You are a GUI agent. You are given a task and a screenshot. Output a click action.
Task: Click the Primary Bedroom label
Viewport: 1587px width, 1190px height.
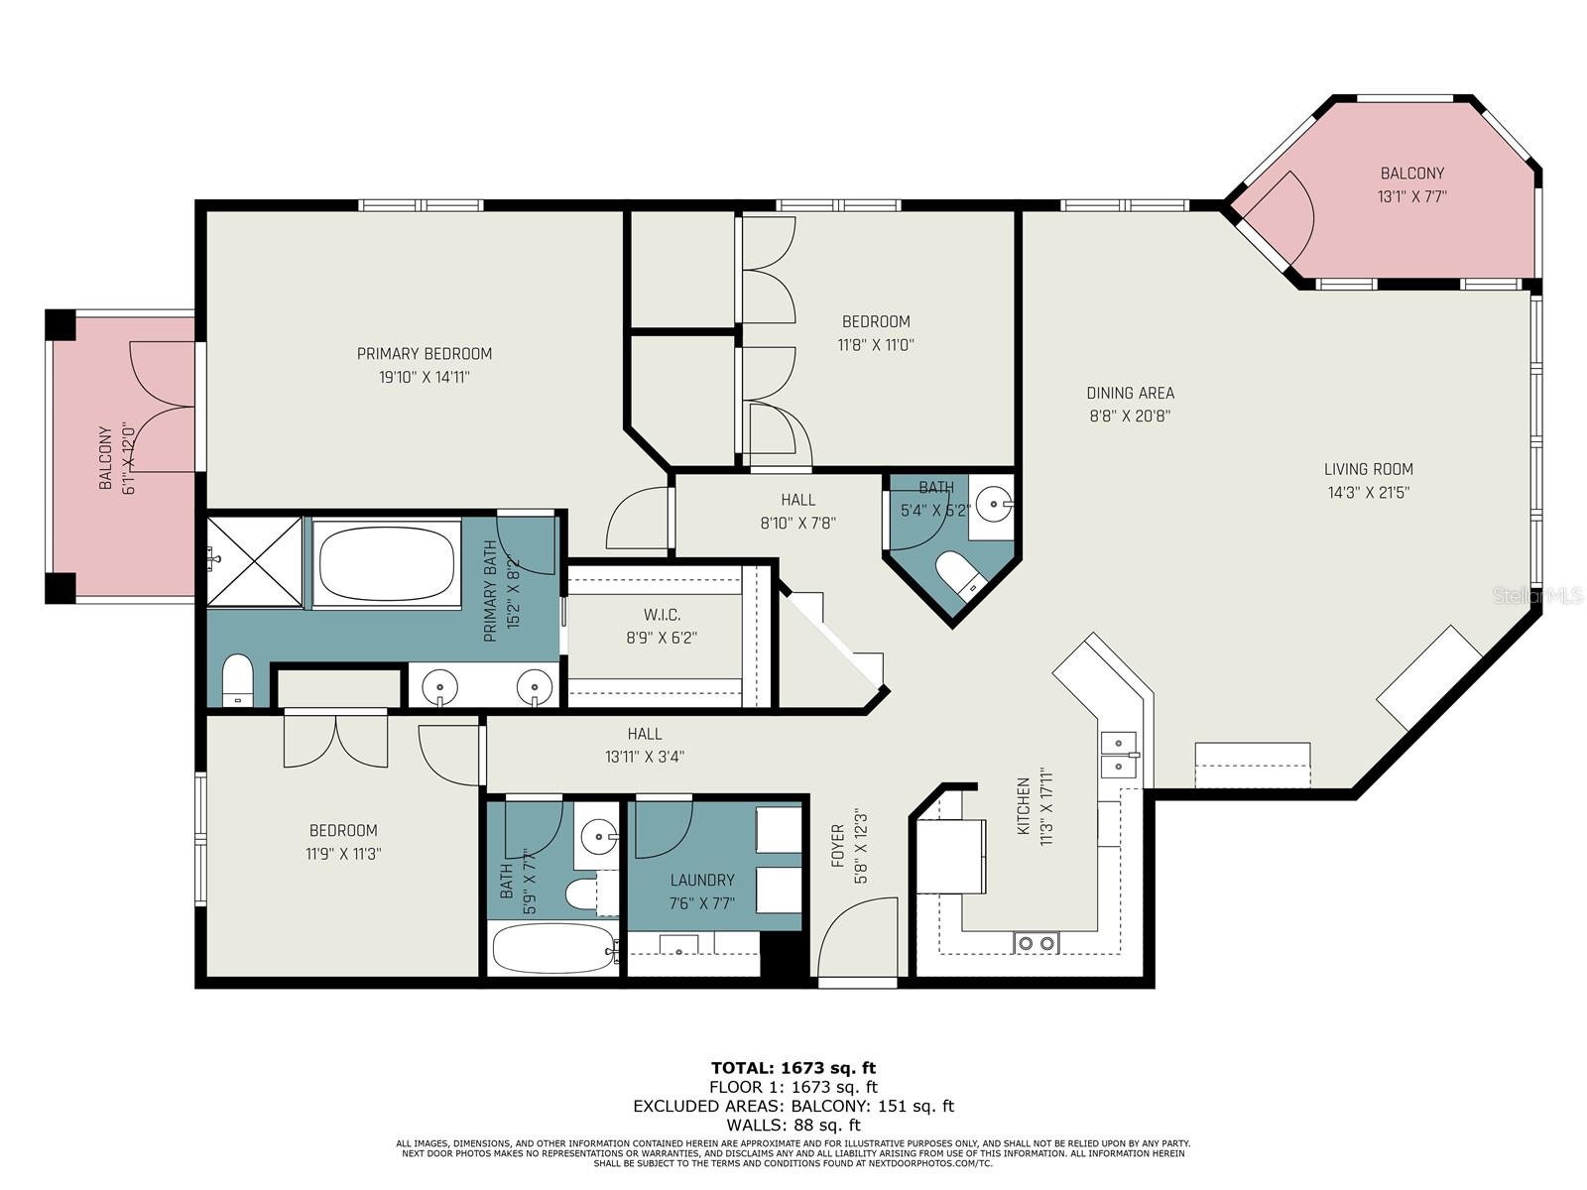[x=424, y=354]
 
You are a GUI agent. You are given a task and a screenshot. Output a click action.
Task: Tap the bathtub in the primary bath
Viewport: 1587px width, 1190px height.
[x=387, y=562]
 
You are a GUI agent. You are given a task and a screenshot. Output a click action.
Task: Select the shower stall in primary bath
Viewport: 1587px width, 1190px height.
[x=254, y=561]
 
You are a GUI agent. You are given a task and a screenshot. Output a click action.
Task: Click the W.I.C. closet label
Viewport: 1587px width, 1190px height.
[x=662, y=616]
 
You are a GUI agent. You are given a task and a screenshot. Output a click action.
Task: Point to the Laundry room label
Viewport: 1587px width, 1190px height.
[x=702, y=880]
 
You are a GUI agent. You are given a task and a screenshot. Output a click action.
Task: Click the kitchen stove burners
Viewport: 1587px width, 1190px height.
[x=1037, y=943]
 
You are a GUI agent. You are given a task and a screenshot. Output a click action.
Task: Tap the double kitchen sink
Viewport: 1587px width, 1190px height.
[x=1119, y=755]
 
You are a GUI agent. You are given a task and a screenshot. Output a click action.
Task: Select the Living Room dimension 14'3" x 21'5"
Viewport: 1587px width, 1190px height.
[x=1369, y=492]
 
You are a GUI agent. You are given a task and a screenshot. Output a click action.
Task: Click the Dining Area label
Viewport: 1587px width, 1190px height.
[x=1130, y=393]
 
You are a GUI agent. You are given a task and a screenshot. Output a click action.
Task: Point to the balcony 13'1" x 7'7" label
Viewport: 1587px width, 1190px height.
[x=1412, y=174]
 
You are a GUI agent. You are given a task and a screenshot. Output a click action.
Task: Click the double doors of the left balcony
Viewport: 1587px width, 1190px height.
[x=162, y=407]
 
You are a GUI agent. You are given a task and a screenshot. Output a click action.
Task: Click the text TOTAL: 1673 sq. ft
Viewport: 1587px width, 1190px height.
[x=793, y=1068]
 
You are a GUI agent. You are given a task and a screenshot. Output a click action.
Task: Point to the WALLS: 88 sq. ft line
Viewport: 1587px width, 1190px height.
[x=793, y=1125]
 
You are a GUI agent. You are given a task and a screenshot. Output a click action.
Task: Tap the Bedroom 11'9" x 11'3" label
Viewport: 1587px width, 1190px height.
[x=343, y=831]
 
